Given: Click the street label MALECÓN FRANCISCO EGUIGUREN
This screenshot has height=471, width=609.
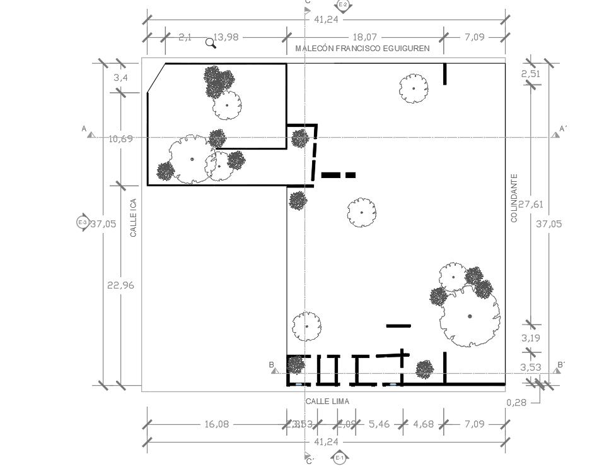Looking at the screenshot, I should tap(362, 48).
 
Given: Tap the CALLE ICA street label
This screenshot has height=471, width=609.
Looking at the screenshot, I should tap(134, 218).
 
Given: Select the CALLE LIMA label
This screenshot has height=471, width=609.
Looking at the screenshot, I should tap(327, 402).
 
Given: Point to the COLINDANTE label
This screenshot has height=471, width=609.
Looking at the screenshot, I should tap(514, 198).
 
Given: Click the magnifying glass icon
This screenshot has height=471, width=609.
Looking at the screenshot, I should tap(211, 43).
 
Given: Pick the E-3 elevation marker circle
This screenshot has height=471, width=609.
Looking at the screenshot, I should tap(82, 222).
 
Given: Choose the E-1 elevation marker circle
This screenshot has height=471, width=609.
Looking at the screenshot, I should tap(340, 458).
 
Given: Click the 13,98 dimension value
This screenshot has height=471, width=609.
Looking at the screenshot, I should tap(226, 37).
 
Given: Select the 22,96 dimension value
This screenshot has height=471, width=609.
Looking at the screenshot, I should tap(120, 285).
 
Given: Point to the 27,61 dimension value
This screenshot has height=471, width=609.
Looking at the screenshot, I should tap(530, 204).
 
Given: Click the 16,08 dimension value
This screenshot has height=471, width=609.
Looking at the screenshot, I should tap(216, 424).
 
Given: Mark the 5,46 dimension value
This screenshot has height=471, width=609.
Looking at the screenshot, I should tap(379, 424).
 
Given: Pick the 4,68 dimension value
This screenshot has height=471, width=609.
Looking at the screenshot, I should tap(423, 424).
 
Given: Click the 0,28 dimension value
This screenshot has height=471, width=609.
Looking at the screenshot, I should tap(516, 402).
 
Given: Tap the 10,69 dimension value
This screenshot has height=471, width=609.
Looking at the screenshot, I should tap(120, 138).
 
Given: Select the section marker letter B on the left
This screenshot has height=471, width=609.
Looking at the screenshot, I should tap(272, 365).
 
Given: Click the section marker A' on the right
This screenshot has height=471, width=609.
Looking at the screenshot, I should tap(562, 129).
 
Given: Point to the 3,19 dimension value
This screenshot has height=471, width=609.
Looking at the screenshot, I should tap(530, 338).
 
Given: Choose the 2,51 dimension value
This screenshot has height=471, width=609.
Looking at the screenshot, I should tap(530, 74).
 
